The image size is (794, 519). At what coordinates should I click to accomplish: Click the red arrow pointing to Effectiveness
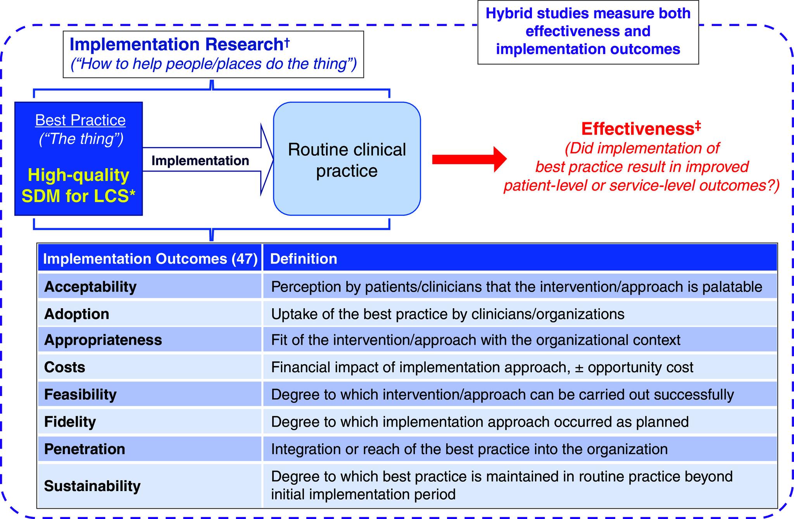tap(469, 159)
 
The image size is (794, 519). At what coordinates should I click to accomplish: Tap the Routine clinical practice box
tap(347, 159)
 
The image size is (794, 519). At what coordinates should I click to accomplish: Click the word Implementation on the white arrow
tap(200, 161)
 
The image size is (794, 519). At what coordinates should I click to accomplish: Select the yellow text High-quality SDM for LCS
tap(78, 186)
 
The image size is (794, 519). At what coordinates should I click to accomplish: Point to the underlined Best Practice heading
tap(80, 120)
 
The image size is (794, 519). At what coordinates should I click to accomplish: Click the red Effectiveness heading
tap(641, 129)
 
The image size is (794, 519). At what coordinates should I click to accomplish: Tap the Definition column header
tap(304, 259)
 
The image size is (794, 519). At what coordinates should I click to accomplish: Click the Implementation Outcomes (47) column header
tap(150, 259)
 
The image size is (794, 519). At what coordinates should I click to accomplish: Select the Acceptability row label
tap(90, 287)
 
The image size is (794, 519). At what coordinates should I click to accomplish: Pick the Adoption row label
tap(77, 314)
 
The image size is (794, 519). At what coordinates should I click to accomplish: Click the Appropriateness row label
tap(103, 340)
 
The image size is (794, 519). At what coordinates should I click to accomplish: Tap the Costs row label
tap(65, 367)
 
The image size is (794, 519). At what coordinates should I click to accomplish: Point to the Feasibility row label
tap(80, 394)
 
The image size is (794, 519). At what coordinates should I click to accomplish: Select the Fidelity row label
tap(70, 422)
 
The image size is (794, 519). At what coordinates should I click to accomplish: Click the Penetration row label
tap(85, 449)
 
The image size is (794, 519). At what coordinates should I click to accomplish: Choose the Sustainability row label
tap(92, 486)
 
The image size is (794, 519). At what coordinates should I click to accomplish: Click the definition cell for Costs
tap(482, 367)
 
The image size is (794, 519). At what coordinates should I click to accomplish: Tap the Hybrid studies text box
tap(588, 32)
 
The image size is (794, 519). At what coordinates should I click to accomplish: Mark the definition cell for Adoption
tap(447, 314)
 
